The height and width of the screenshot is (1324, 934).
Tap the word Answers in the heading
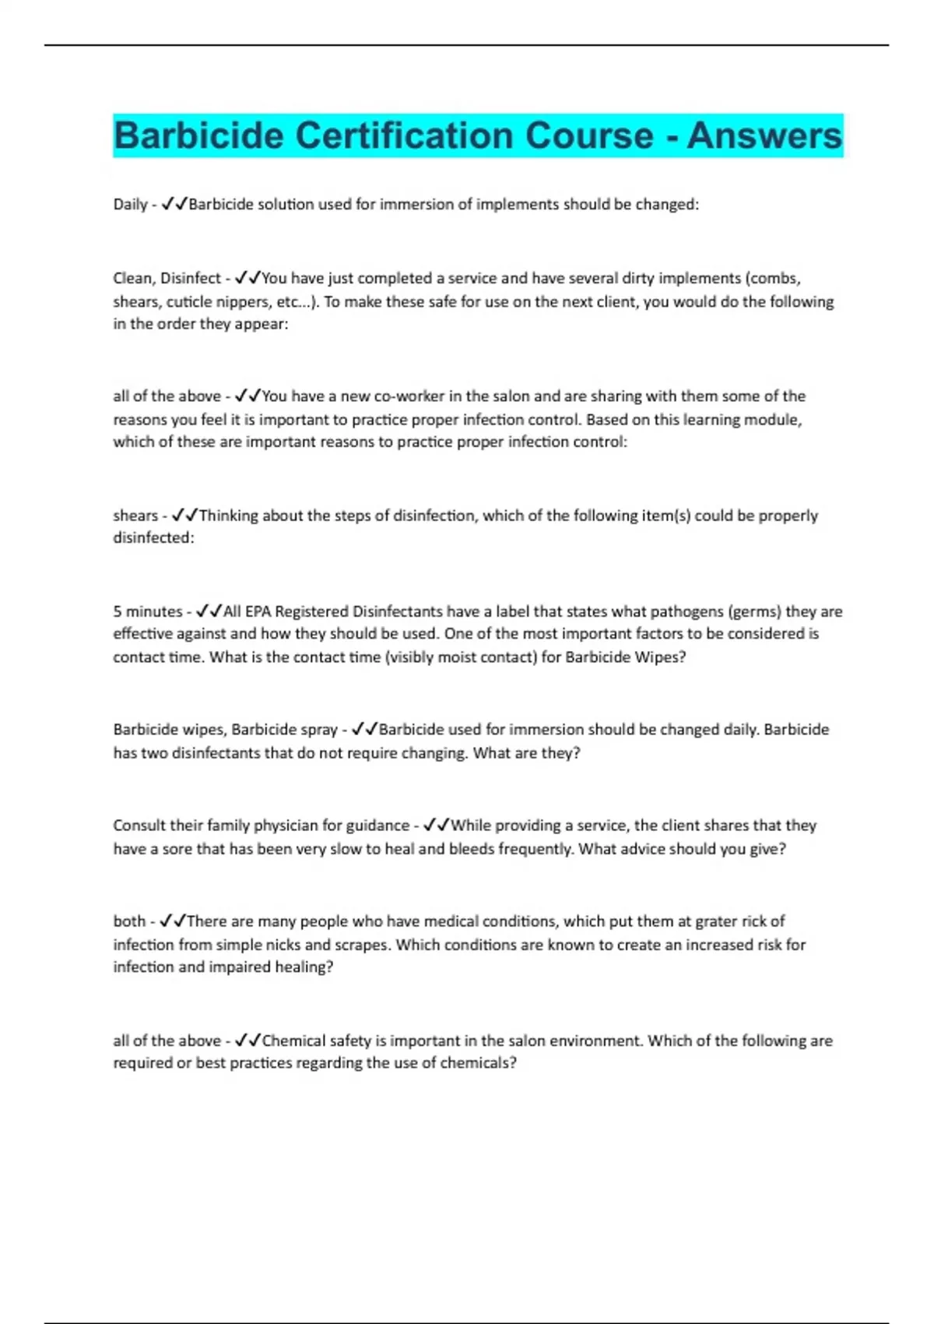coord(764,136)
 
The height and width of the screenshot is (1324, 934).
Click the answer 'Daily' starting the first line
coord(130,205)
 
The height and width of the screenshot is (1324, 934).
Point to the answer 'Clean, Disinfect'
coord(167,278)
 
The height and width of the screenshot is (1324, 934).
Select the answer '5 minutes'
coord(147,611)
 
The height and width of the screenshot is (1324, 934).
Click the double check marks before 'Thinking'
coord(184,516)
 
